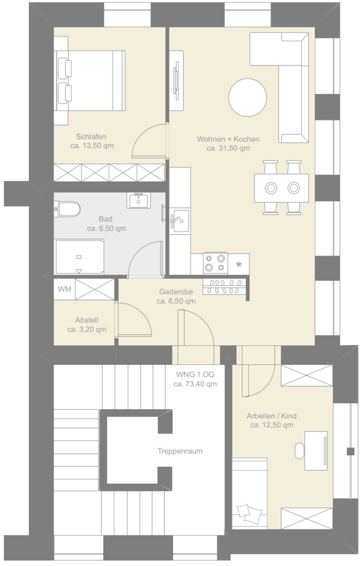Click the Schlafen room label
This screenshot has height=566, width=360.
click(x=91, y=137)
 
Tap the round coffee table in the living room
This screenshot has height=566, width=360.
click(x=247, y=97)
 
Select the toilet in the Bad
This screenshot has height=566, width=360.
click(x=67, y=209)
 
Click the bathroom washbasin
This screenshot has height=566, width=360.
click(x=138, y=200)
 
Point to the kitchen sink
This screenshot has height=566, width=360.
click(x=179, y=220)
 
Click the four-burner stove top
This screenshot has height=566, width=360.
click(x=215, y=263)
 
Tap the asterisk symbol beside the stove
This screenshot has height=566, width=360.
click(x=239, y=265)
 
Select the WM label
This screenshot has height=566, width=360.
click(x=65, y=289)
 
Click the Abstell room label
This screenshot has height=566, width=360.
click(x=87, y=320)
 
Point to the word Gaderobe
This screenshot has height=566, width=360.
click(x=176, y=292)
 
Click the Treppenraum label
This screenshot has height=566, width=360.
click(x=180, y=451)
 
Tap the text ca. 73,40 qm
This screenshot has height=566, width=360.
click(x=195, y=384)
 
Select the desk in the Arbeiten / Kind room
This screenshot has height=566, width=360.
click(x=316, y=450)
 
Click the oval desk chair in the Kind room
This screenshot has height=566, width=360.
click(x=299, y=450)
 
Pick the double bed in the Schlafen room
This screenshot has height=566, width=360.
click(x=90, y=81)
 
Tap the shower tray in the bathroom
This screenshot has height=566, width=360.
click(x=80, y=257)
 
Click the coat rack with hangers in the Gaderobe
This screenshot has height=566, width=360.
click(x=224, y=287)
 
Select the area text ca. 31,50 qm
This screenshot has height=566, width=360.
click(x=228, y=149)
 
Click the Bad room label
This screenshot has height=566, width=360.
click(x=105, y=219)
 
